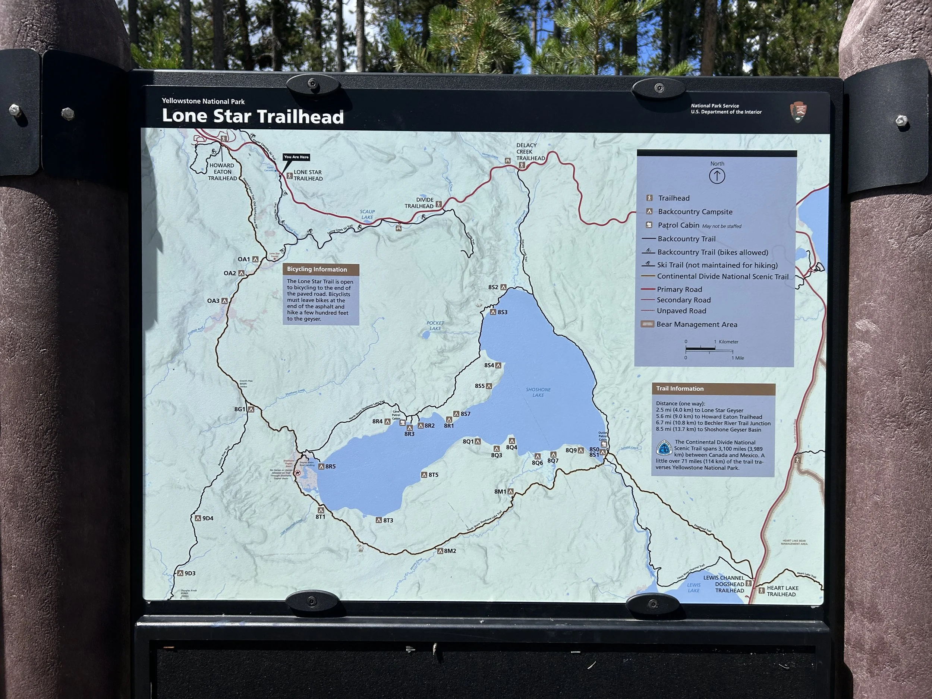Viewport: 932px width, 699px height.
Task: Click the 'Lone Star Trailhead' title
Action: [x=253, y=116]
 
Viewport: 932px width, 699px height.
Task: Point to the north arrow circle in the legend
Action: [x=717, y=176]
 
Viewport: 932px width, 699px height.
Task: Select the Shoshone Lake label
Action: [x=538, y=392]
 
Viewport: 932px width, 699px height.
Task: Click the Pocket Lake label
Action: [x=435, y=326]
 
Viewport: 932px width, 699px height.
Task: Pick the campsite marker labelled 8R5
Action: [x=321, y=466]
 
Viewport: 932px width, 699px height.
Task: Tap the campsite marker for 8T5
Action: [x=424, y=475]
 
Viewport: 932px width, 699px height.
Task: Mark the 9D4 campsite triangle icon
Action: [x=198, y=518]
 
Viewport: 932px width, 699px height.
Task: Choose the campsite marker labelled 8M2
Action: [x=440, y=551]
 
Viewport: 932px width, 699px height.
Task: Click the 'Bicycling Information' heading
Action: [x=317, y=269]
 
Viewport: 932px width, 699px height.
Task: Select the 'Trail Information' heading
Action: [x=680, y=388]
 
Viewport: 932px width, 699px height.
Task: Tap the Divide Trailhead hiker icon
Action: [x=439, y=204]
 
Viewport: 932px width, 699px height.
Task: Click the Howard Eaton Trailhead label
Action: [x=222, y=171]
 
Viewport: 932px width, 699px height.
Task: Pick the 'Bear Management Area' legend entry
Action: [x=696, y=324]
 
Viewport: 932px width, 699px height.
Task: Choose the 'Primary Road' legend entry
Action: [x=679, y=289]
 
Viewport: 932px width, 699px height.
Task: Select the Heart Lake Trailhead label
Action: [x=782, y=591]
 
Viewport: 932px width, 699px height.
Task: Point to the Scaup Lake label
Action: [x=367, y=214]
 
